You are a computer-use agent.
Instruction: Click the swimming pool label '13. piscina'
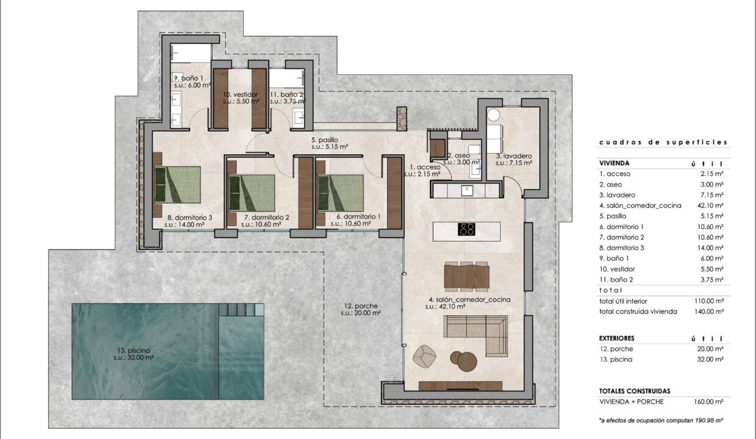tap(132, 351)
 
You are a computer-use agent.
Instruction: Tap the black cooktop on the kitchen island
tap(466, 229)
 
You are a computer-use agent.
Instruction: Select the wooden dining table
tap(466, 276)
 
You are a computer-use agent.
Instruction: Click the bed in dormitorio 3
tap(177, 184)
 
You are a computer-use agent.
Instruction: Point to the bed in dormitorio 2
tap(252, 193)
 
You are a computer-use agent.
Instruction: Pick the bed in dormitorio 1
tap(341, 193)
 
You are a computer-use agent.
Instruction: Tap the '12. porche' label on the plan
tap(361, 306)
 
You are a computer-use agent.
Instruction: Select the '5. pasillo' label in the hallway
tap(324, 140)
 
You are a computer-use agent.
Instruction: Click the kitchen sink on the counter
tap(468, 191)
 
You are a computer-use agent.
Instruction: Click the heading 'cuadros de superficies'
tap(663, 143)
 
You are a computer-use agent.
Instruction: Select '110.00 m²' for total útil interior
tap(708, 301)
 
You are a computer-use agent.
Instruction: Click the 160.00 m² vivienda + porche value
tap(708, 402)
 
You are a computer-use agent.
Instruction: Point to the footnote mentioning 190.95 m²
tap(661, 421)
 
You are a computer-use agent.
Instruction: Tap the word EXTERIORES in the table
tap(616, 338)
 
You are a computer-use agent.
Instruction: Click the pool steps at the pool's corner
tap(241, 309)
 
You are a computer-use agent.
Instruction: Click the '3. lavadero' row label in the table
tap(617, 195)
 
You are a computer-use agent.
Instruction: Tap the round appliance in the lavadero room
tap(493, 115)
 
